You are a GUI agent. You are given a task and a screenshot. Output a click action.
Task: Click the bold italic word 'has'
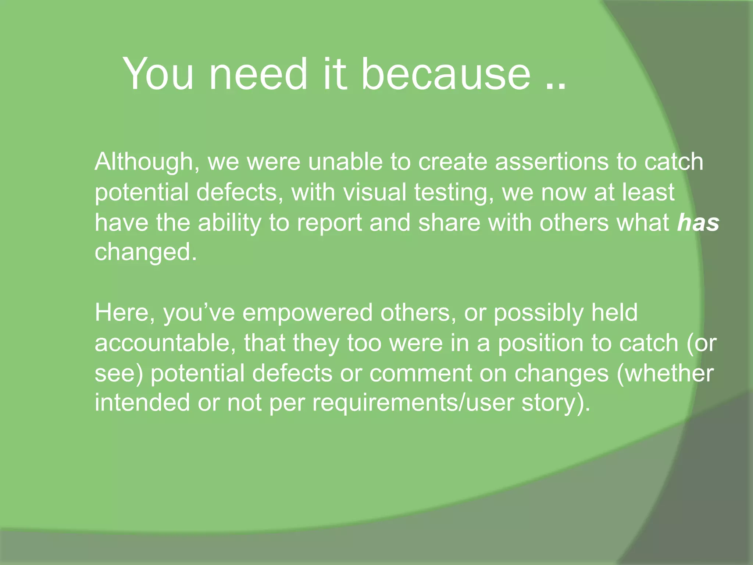click(x=698, y=223)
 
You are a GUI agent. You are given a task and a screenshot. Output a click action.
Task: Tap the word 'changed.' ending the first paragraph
click(x=146, y=252)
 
